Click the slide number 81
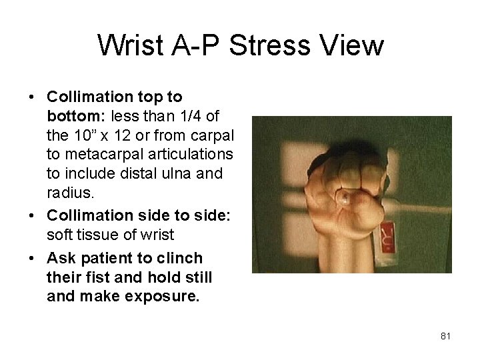[x=446, y=336]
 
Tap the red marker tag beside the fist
[x=387, y=237]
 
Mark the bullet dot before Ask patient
[x=31, y=257]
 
